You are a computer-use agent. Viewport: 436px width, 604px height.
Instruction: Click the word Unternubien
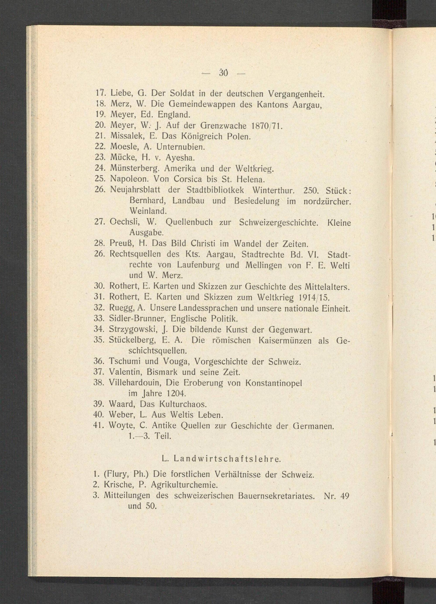click(x=181, y=147)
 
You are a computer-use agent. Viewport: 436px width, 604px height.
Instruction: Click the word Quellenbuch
click(x=189, y=222)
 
